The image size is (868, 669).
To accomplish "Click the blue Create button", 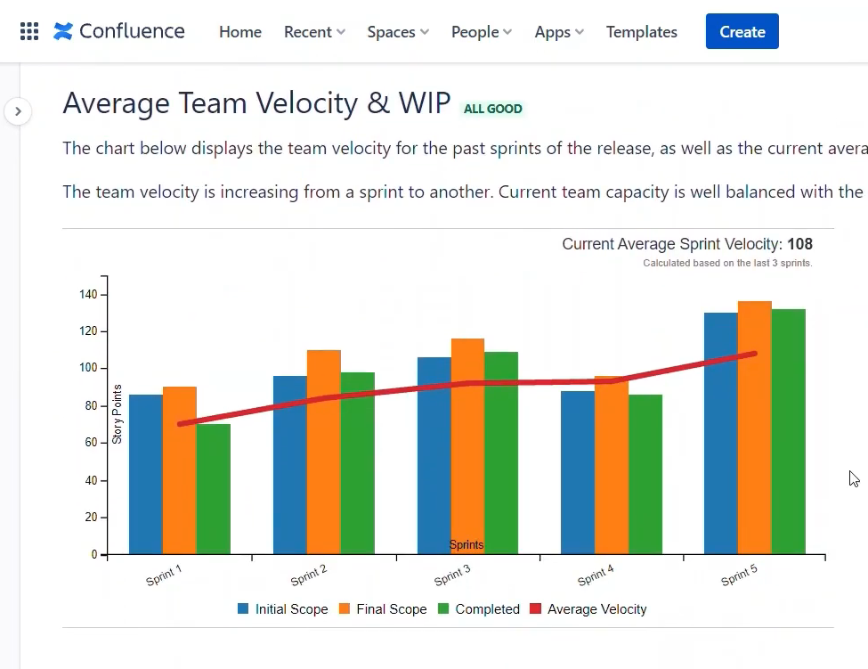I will [742, 31].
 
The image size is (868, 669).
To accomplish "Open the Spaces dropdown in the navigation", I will [397, 32].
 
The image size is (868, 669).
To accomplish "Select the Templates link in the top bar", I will [641, 32].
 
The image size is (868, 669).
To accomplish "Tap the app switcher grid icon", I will [29, 32].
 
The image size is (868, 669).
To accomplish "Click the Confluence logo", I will [119, 31].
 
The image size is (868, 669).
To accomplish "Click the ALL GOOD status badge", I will [492, 109].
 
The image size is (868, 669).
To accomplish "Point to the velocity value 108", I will [799, 244].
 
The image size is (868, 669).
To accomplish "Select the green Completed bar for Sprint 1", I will [214, 488].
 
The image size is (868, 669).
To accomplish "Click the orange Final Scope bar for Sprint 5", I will [754, 428].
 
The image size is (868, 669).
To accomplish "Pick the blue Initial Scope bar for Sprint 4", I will [578, 472].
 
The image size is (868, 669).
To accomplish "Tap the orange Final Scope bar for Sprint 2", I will [324, 452].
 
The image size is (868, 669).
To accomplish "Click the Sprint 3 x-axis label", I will [452, 575].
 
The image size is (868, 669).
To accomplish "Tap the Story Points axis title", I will [117, 414].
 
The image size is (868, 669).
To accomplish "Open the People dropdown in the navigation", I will [481, 32].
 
